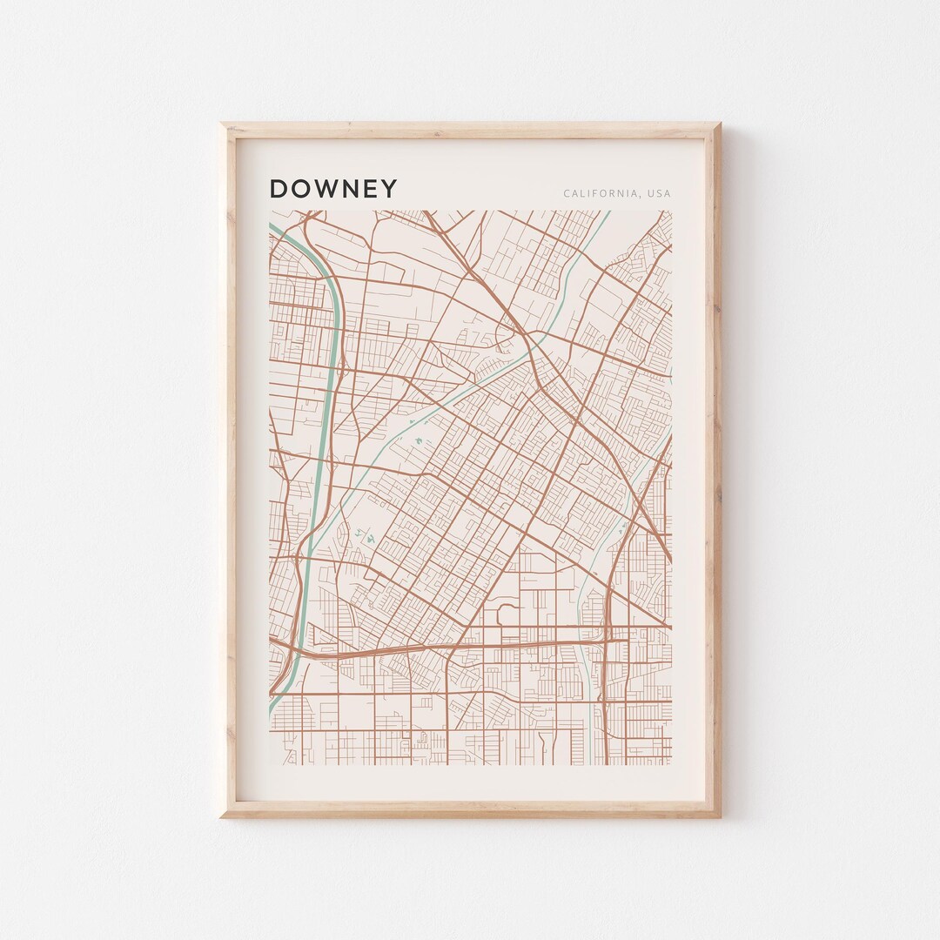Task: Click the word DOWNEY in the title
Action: click(333, 189)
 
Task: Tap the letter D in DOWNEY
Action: click(279, 189)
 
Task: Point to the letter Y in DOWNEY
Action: click(389, 189)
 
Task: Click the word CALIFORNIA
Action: click(599, 193)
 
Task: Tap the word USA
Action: click(659, 193)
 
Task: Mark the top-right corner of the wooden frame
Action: click(720, 124)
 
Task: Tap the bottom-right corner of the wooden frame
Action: click(720, 816)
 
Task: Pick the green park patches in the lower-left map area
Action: click(364, 537)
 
